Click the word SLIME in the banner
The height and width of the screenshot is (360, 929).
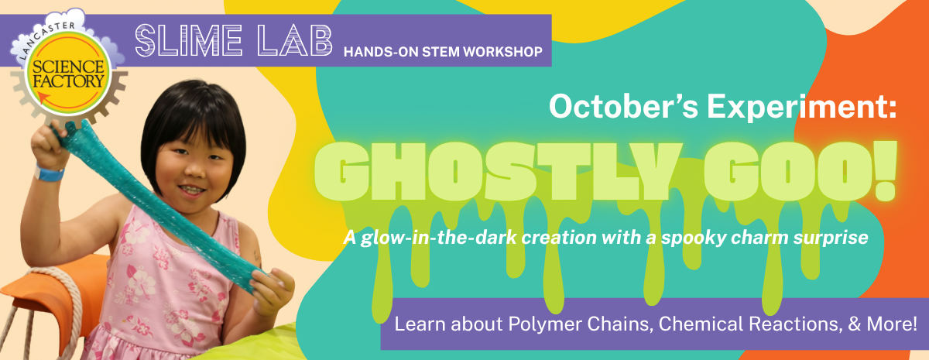pos(189,40)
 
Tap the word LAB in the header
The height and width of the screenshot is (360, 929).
pos(294,40)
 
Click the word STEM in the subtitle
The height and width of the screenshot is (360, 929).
pos(441,52)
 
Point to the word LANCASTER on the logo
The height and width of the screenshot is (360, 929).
pos(46,37)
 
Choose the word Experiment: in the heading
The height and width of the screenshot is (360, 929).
pos(802,108)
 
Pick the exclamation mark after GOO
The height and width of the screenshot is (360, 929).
pos(885,171)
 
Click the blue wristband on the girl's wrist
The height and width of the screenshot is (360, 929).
pos(49,173)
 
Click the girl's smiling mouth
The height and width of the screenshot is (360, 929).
pos(192,190)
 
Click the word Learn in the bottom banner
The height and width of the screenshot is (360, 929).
pos(420,324)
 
